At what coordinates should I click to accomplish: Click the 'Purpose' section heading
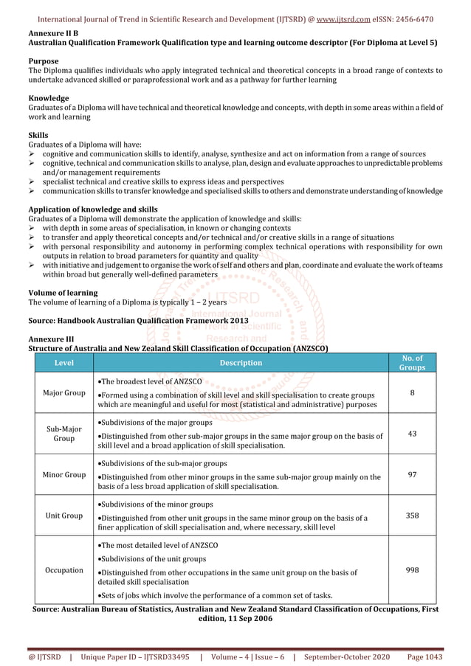point(44,61)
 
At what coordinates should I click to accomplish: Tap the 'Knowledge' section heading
point(49,98)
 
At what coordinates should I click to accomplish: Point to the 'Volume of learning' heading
point(63,293)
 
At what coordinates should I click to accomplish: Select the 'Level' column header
point(63,363)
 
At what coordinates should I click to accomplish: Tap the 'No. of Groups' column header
point(412,362)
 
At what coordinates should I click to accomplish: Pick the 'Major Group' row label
point(63,392)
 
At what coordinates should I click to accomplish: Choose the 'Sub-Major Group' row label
point(63,434)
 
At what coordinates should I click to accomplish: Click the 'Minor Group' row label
point(63,474)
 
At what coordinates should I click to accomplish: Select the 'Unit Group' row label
point(63,516)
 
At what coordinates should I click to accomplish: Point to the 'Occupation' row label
point(63,570)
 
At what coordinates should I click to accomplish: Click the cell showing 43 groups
point(412,434)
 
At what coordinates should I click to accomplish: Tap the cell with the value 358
point(412,516)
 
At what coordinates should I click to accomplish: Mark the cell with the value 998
point(412,570)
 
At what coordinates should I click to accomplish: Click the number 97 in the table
point(412,474)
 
